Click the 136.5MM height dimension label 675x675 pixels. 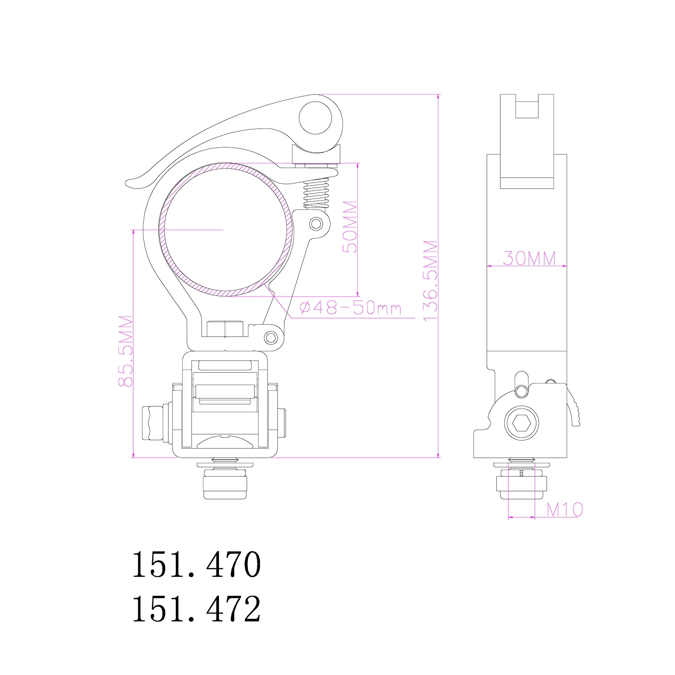click(x=431, y=281)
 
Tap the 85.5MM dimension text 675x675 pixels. click(x=126, y=351)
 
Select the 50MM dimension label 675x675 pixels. click(x=350, y=227)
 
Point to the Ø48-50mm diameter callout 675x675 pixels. click(x=351, y=308)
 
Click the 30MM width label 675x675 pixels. click(x=529, y=258)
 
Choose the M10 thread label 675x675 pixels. click(x=565, y=510)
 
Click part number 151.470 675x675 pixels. click(x=197, y=564)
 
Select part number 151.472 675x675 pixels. click(x=197, y=609)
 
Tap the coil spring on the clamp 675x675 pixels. click(x=316, y=192)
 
